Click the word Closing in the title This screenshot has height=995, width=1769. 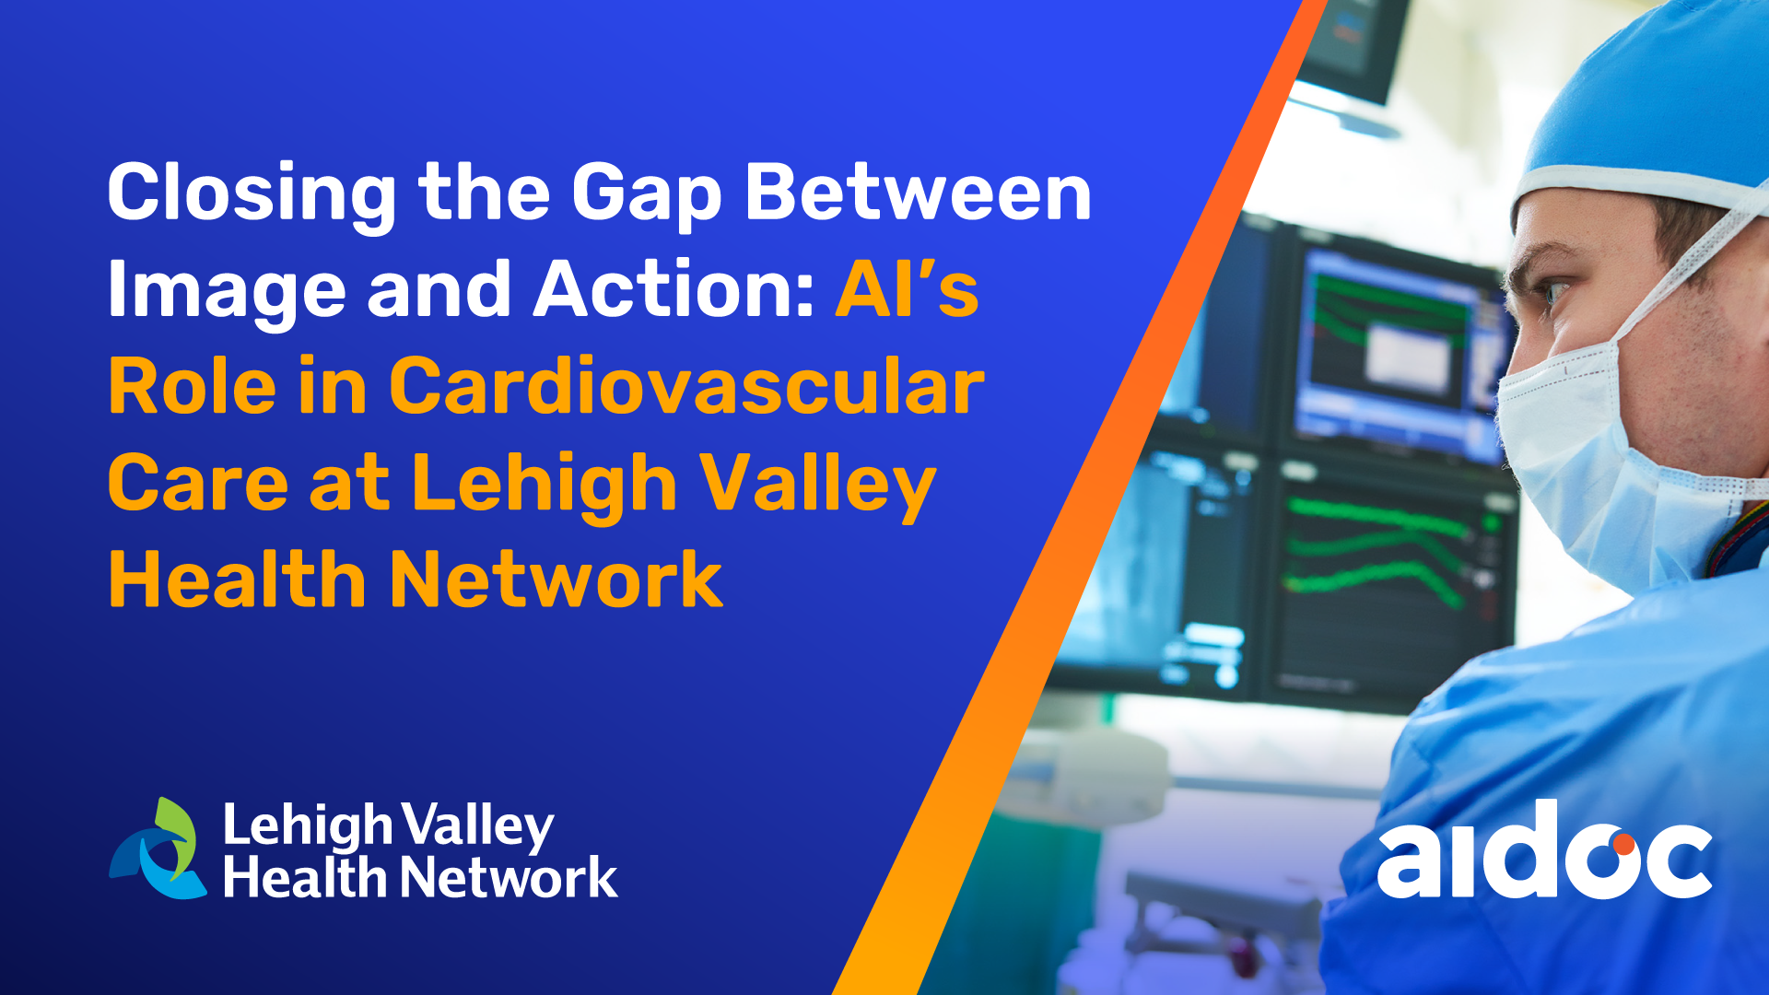tap(252, 193)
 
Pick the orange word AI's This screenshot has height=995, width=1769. tap(908, 289)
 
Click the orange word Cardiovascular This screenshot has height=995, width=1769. tap(686, 386)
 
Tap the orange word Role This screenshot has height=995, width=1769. tap(193, 386)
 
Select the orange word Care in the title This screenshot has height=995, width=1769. tap(198, 483)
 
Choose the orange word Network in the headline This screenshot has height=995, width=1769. tap(556, 579)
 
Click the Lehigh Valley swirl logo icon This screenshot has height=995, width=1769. tap(158, 849)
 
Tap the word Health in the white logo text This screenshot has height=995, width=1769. tap(305, 876)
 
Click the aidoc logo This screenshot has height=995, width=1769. tap(1545, 849)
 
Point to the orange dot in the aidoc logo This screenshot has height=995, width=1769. tap(1623, 843)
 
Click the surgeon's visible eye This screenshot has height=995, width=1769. tap(1554, 293)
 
